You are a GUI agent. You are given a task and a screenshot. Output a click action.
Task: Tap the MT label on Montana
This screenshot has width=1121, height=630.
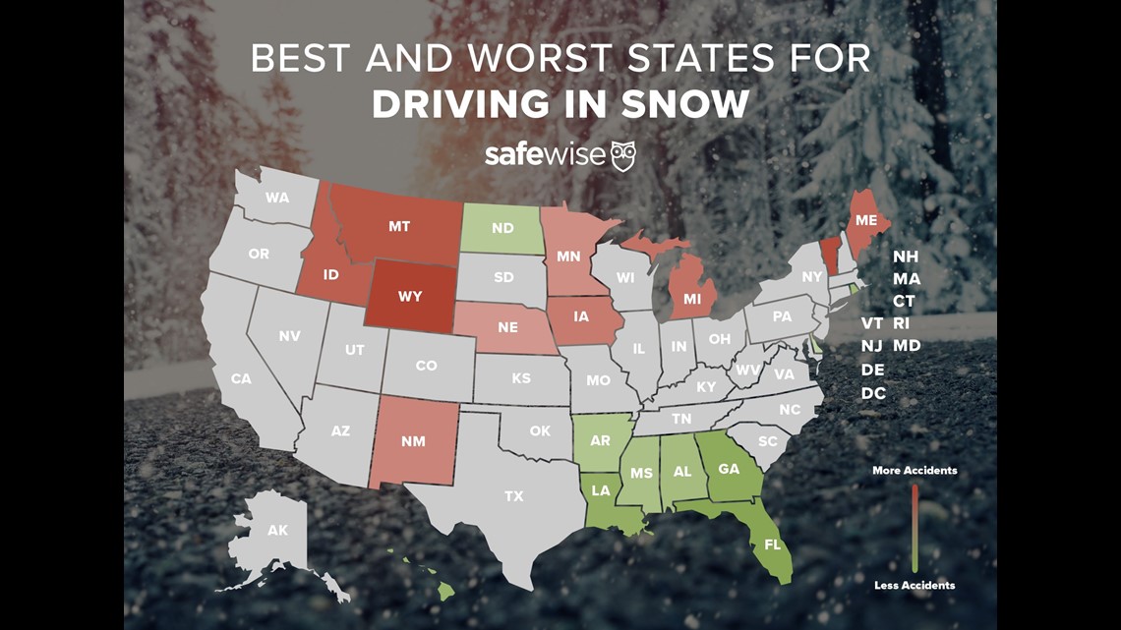pos(398,226)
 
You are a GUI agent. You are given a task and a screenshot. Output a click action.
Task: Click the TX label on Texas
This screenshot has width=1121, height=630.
pos(513,496)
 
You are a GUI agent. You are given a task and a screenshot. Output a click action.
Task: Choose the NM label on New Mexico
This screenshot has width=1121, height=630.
pos(413,441)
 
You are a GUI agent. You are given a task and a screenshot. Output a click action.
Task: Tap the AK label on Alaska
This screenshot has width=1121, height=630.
pos(277,531)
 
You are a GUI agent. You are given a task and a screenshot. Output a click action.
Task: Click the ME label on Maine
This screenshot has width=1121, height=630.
pos(865,221)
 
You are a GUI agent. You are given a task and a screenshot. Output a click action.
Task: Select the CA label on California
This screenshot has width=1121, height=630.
pos(241,378)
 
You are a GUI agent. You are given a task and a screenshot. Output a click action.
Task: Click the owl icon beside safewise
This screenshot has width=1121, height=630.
pos(623,155)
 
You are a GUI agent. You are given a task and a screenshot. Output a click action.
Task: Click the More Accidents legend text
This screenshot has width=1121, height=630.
pos(914,471)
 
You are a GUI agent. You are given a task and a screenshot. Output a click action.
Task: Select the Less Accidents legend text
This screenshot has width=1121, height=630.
pos(914,586)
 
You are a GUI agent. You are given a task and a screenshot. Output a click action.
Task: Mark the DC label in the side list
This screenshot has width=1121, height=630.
pos(873,393)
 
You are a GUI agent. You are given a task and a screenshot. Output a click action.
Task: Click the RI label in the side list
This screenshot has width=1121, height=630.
pos(902,323)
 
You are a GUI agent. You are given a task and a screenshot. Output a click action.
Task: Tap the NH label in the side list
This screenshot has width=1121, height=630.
pos(906,257)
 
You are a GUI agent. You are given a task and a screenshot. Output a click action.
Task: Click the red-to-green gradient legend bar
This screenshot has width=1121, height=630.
pos(914,528)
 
